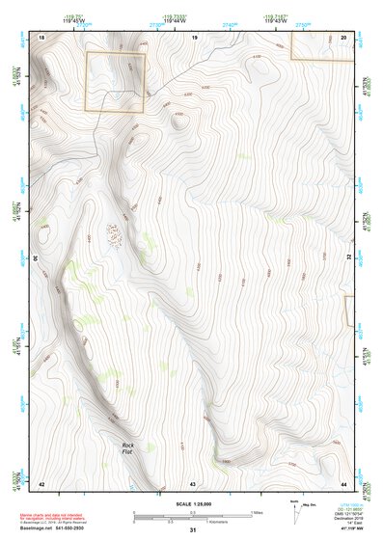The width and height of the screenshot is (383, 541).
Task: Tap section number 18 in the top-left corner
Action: click(x=41, y=36)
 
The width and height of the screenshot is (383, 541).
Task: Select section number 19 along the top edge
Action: click(x=194, y=36)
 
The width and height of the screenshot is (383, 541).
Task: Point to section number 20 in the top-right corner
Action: click(x=344, y=36)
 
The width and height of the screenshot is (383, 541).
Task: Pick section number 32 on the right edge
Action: click(x=349, y=258)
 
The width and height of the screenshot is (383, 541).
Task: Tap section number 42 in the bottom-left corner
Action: click(x=41, y=482)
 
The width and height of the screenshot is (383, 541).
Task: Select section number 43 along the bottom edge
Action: click(x=193, y=482)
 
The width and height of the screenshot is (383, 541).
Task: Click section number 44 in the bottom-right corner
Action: click(x=344, y=482)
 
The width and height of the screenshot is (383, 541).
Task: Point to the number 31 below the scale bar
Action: click(x=193, y=530)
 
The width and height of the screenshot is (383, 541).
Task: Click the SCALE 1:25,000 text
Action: click(x=193, y=504)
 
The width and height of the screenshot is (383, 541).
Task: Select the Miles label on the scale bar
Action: click(x=257, y=512)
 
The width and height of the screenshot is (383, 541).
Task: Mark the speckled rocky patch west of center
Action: click(x=114, y=233)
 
